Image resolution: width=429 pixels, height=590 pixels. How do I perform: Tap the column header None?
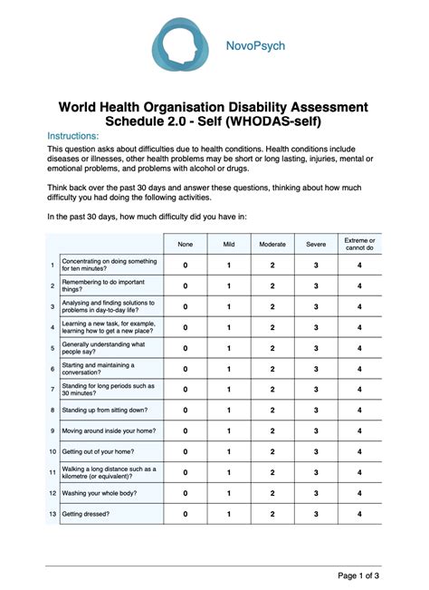[186, 244]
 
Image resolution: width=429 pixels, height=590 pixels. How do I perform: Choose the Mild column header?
[228, 244]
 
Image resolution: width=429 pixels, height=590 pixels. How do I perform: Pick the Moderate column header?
[272, 244]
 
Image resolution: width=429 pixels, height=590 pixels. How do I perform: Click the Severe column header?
[316, 244]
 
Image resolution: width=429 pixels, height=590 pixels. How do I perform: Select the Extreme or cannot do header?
[359, 244]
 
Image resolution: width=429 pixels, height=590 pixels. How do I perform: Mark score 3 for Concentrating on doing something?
[316, 266]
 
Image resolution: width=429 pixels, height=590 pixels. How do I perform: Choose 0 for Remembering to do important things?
[186, 285]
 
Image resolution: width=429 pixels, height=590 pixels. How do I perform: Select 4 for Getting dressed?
[359, 514]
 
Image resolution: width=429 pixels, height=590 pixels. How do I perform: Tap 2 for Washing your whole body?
[272, 493]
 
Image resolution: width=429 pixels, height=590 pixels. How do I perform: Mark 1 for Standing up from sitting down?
[228, 410]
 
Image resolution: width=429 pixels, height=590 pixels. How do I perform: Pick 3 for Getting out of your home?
[316, 451]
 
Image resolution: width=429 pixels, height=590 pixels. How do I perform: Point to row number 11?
[52, 472]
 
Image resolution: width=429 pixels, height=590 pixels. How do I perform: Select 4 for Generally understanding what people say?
[359, 348]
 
